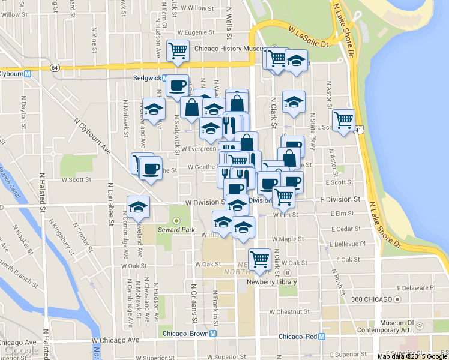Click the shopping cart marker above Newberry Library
coord(259,259)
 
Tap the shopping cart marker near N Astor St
coord(343,119)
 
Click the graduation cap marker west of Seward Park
coord(139,206)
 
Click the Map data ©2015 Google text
coord(412,356)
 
